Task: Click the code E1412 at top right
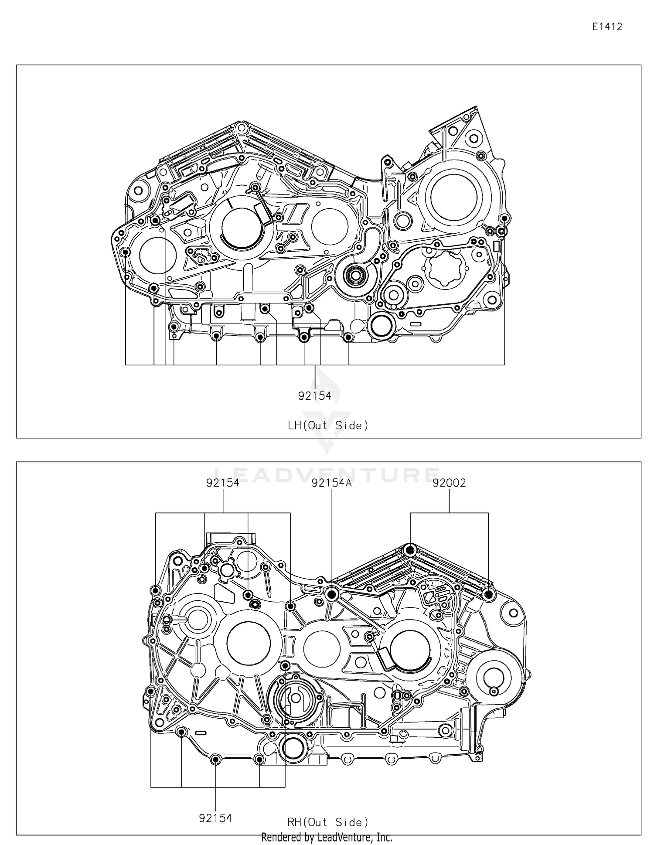pyautogui.click(x=607, y=27)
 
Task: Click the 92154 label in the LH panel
pyautogui.click(x=314, y=396)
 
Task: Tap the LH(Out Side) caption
pyautogui.click(x=328, y=425)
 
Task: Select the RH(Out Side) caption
pyautogui.click(x=328, y=822)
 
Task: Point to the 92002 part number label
pyautogui.click(x=449, y=483)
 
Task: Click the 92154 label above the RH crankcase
pyautogui.click(x=223, y=483)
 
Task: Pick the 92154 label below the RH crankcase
pyautogui.click(x=215, y=818)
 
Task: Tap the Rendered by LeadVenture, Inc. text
pyautogui.click(x=327, y=837)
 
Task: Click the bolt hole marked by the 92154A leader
pyautogui.click(x=332, y=593)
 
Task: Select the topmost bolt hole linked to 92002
pyautogui.click(x=410, y=550)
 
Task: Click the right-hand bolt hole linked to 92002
pyautogui.click(x=488, y=594)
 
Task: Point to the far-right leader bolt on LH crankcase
pyautogui.click(x=504, y=218)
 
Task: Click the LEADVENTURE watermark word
pyautogui.click(x=327, y=474)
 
